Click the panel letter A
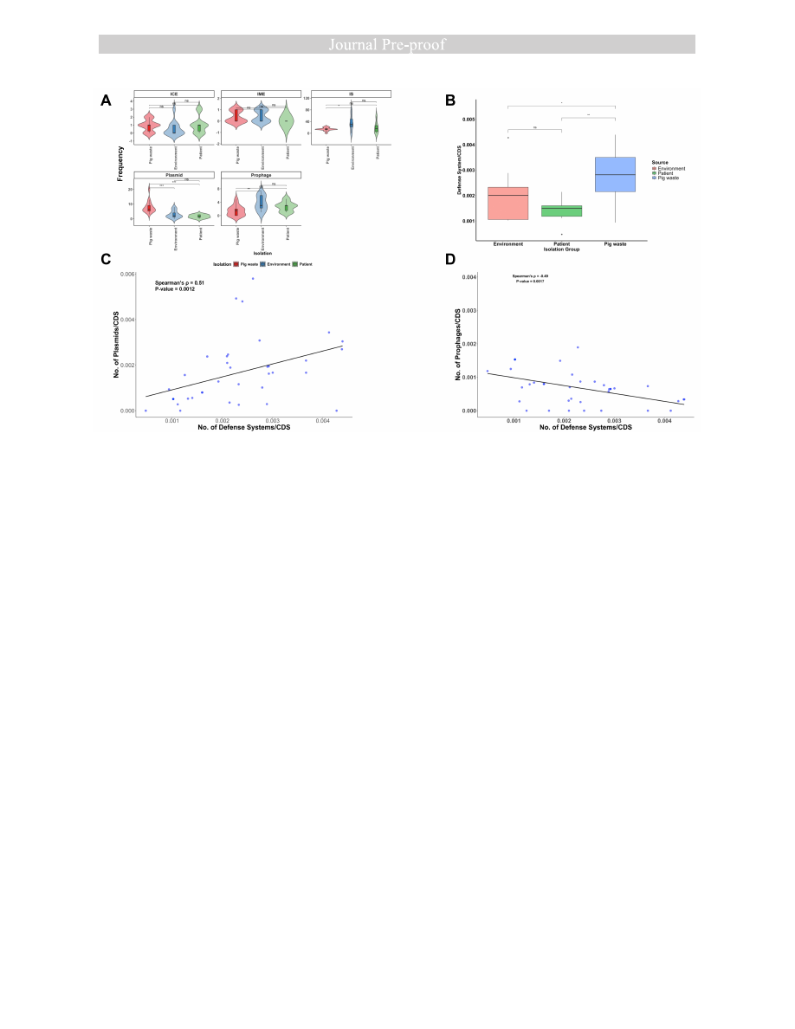click(x=106, y=100)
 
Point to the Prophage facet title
click(x=261, y=175)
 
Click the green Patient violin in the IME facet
click(x=286, y=121)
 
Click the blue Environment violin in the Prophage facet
click(x=261, y=201)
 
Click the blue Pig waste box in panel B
click(x=615, y=174)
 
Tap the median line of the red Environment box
click(x=507, y=196)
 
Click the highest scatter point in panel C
click(x=253, y=278)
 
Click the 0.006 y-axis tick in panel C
click(x=126, y=274)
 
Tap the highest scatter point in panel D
click(x=578, y=347)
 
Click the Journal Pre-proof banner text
click(x=397, y=44)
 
